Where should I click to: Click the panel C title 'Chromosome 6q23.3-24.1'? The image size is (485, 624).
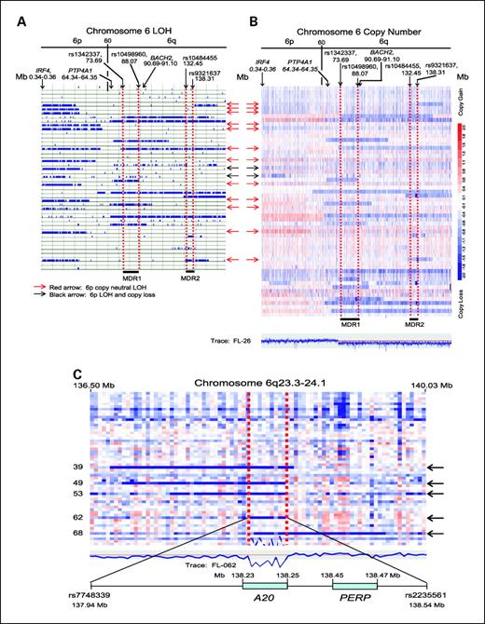pos(242,382)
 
